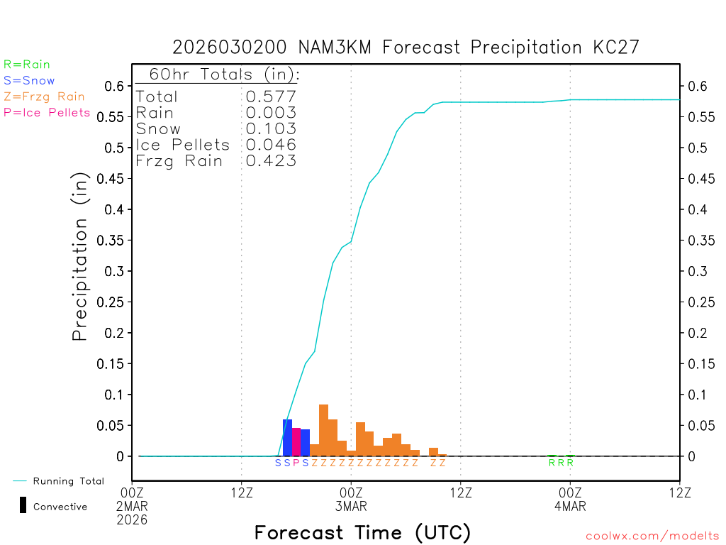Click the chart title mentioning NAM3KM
coord(406,48)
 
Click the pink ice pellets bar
coord(296,442)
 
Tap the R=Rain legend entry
coord(27,65)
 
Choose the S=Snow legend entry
coord(29,81)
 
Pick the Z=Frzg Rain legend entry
coord(44,97)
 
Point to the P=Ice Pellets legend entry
coord(47,112)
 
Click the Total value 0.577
coord(271,97)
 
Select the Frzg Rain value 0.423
coord(271,161)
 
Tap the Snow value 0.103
coord(271,129)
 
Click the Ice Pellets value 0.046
coord(271,145)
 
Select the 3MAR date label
coord(351,507)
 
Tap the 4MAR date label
coord(570,507)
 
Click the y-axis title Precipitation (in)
coord(80,257)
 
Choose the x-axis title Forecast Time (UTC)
coord(362,532)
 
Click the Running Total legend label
coord(69,481)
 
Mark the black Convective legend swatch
coord(23,505)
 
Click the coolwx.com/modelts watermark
coord(652,536)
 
